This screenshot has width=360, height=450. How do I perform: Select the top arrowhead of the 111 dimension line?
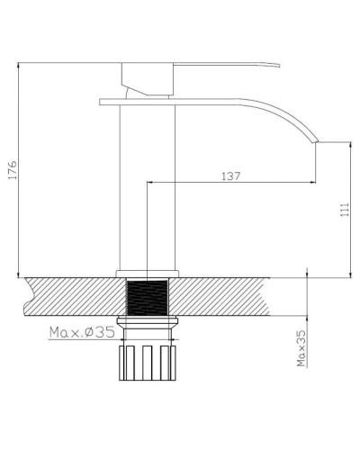coord(351,145)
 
